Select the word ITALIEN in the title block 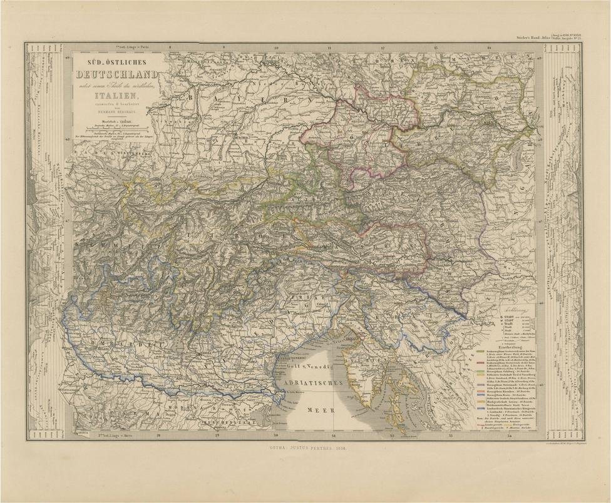click(115, 98)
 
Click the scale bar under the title click(116, 128)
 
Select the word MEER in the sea click(319, 410)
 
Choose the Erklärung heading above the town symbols click(513, 309)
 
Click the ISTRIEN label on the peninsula click(364, 362)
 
